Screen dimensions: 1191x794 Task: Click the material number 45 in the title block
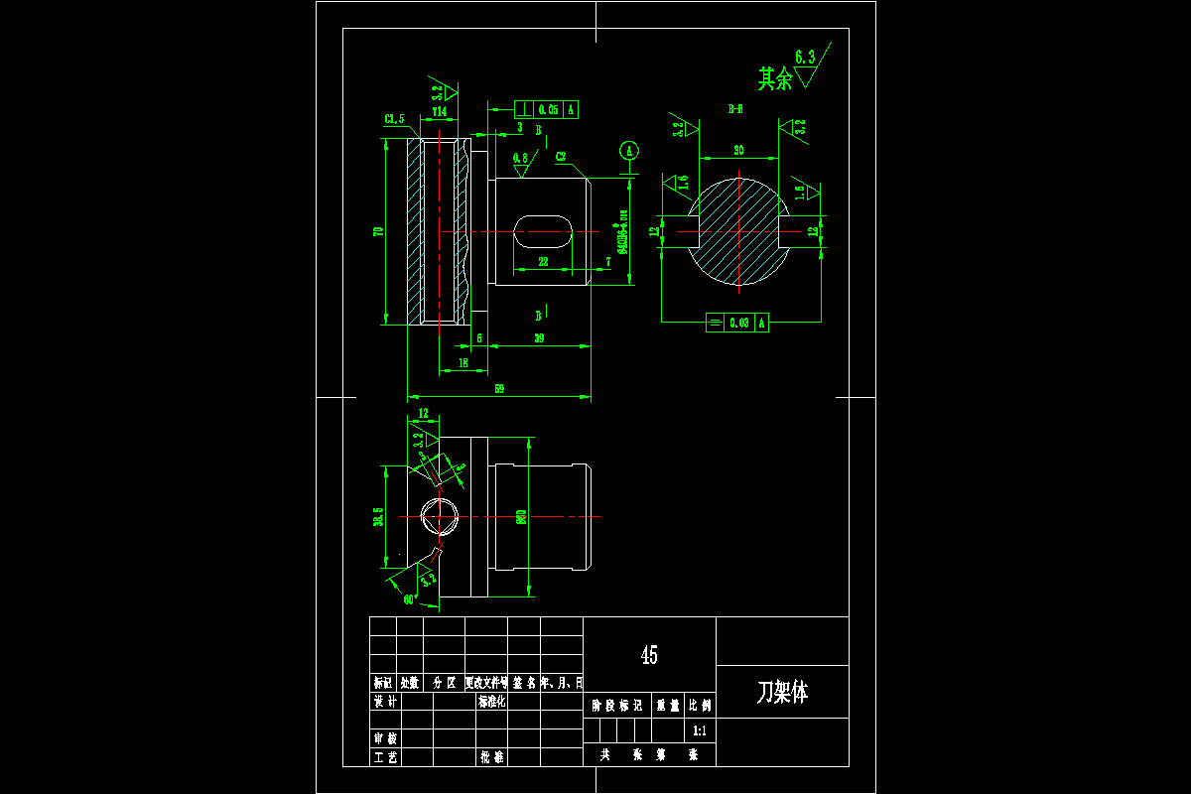tap(649, 655)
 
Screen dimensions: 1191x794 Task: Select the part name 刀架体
tap(782, 692)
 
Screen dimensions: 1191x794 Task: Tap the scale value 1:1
tap(699, 730)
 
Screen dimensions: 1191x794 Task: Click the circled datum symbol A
tap(628, 151)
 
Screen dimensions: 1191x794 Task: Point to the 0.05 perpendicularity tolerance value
tap(547, 110)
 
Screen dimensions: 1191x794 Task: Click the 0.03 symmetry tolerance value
tap(738, 323)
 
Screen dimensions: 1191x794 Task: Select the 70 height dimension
tap(377, 231)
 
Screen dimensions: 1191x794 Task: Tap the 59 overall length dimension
tap(499, 389)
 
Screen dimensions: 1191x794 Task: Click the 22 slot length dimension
tap(543, 262)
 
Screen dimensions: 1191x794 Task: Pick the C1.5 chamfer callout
tap(394, 119)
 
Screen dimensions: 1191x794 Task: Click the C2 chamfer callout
tap(561, 156)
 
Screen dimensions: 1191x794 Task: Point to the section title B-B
tap(736, 109)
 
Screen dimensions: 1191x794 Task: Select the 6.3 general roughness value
tap(806, 59)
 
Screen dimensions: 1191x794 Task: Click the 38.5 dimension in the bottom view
tap(378, 517)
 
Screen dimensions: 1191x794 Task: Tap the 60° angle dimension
tap(408, 599)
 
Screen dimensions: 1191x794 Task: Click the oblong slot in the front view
tap(544, 232)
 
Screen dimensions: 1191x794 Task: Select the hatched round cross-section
tap(739, 232)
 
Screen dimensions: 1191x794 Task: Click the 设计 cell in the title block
tap(384, 702)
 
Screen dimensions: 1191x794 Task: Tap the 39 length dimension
tap(539, 338)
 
